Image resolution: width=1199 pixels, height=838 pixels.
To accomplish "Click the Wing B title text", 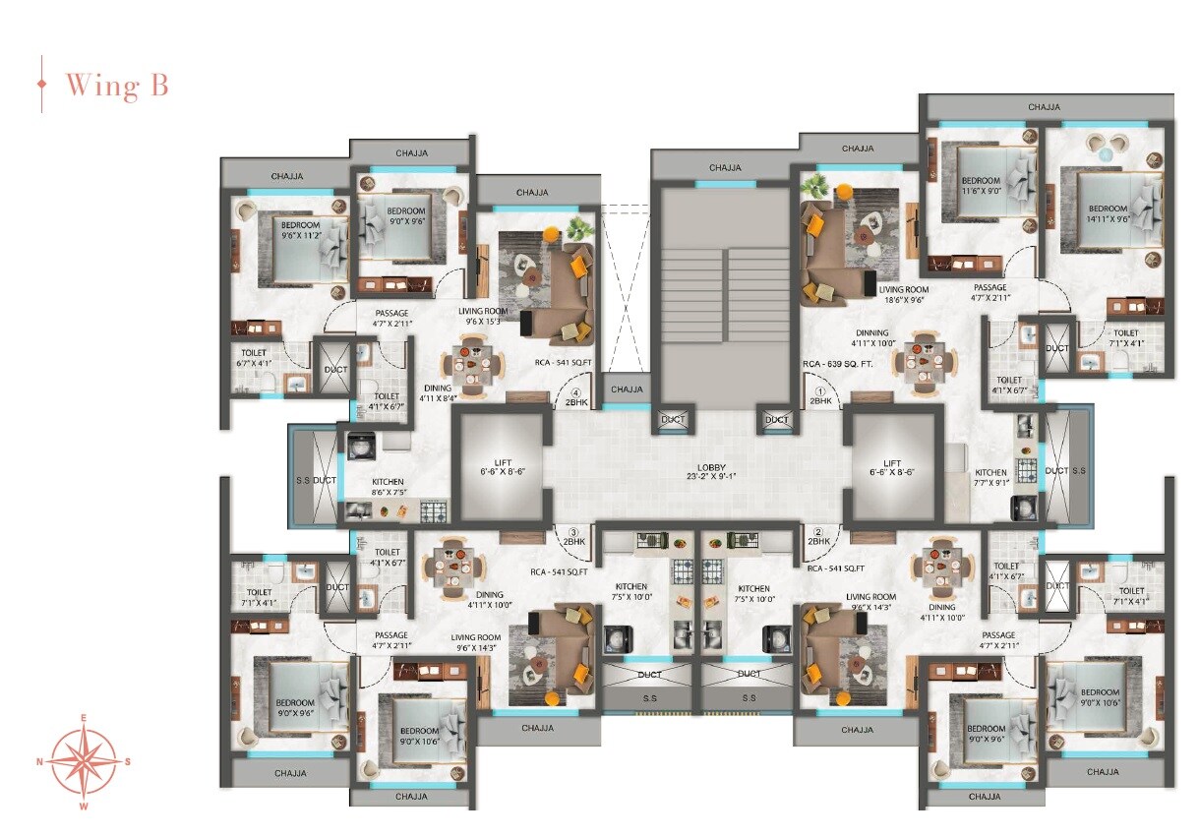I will tap(116, 86).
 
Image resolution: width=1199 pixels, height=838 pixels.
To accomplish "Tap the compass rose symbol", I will tap(84, 761).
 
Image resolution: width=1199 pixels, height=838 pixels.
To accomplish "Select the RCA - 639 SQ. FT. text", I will tap(838, 364).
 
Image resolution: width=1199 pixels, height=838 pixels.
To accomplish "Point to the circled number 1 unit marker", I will tap(819, 389).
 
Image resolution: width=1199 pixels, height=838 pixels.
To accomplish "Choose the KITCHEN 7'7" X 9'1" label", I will tap(990, 478).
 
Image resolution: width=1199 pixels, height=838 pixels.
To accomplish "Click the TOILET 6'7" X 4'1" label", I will tap(253, 357).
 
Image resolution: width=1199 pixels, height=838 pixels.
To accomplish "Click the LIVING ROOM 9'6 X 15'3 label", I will tap(482, 315).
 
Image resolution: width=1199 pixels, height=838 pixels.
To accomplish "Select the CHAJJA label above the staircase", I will tap(725, 167).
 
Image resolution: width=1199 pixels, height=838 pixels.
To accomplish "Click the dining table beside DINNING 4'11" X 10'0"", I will tap(925, 360).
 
